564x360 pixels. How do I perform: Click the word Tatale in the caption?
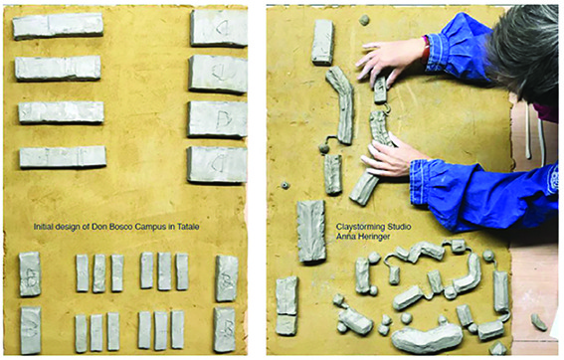pos(188,227)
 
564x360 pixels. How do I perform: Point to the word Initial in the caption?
pos(43,227)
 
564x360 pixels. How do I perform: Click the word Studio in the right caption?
pos(399,227)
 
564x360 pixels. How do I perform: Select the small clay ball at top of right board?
pos(364,20)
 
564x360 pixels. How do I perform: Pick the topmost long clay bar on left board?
pos(58,26)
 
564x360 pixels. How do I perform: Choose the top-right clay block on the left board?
pos(219,28)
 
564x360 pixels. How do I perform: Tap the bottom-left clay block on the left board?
pos(31,330)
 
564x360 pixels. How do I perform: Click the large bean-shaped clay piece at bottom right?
pos(427,337)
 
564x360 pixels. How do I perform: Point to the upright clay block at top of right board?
pos(322,42)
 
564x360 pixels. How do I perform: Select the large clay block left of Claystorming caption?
pos(311,231)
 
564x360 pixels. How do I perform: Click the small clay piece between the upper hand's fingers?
pos(381,90)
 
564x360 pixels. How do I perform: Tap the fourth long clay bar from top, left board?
pos(63,157)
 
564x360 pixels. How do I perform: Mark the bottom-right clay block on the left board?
pos(225,329)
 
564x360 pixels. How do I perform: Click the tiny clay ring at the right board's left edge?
pos(285,186)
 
